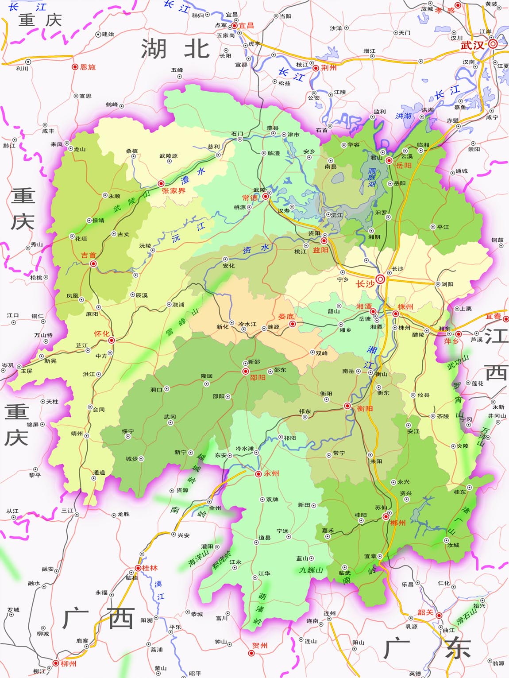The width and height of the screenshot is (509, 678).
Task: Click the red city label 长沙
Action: pyautogui.click(x=365, y=283)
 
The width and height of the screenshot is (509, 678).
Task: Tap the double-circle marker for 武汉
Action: pyautogui.click(x=493, y=44)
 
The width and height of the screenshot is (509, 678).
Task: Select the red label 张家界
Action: pyautogui.click(x=174, y=191)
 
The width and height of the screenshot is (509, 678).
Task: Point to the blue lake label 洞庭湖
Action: pyautogui.click(x=372, y=177)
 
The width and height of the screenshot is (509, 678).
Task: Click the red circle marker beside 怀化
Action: pyautogui.click(x=112, y=340)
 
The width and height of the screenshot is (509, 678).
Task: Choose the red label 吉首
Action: pyautogui.click(x=89, y=255)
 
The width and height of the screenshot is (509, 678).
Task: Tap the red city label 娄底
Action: pyautogui.click(x=286, y=316)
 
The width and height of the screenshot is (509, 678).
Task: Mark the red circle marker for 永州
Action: pyautogui.click(x=258, y=474)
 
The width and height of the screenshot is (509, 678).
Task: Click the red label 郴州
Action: pyautogui.click(x=398, y=523)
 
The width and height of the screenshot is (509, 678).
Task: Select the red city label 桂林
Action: pyautogui.click(x=150, y=568)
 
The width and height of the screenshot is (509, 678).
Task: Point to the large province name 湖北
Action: pyautogui.click(x=175, y=49)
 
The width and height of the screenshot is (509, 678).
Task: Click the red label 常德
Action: pyautogui.click(x=250, y=198)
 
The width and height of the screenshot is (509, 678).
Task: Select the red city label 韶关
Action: pyautogui.click(x=425, y=612)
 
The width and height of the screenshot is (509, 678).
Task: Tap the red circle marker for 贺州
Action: pyautogui.click(x=251, y=653)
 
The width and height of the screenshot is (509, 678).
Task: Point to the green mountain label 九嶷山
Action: pyautogui.click(x=311, y=570)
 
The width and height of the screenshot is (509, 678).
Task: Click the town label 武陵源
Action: pyautogui.click(x=169, y=155)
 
